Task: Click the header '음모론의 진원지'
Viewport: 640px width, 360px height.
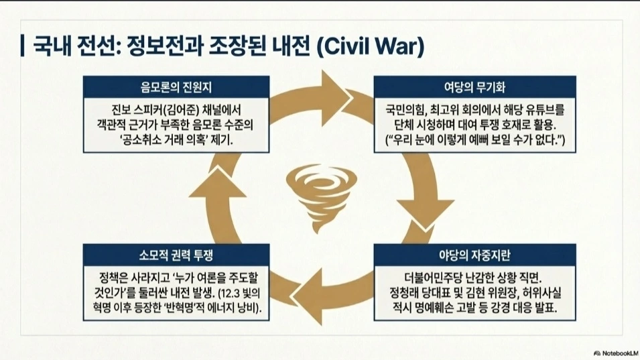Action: pos(177,86)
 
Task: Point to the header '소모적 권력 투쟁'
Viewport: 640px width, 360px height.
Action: pos(177,255)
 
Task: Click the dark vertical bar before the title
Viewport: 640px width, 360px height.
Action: pos(23,47)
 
